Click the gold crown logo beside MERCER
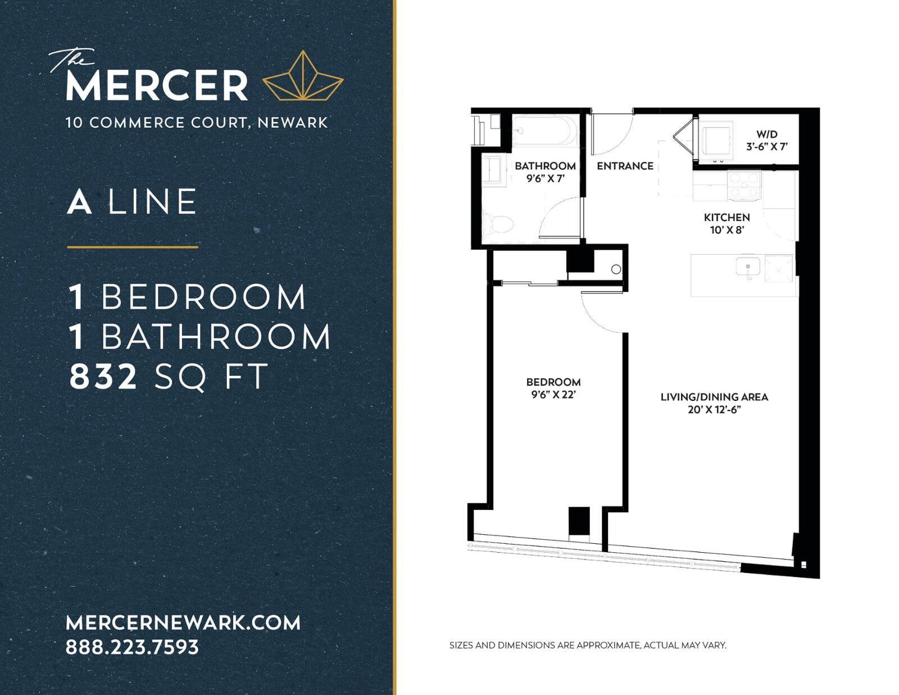click(x=303, y=76)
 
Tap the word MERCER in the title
click(x=157, y=85)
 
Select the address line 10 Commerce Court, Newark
click(x=197, y=123)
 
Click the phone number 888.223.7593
click(x=133, y=647)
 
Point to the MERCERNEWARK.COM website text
click(x=183, y=623)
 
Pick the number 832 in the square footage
click(x=103, y=376)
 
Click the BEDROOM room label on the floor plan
click(x=553, y=382)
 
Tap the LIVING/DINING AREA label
click(x=714, y=396)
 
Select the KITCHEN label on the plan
click(x=727, y=217)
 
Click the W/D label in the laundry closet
click(x=766, y=134)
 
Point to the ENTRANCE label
click(x=625, y=166)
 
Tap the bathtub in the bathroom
click(x=544, y=130)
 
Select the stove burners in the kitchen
click(x=744, y=186)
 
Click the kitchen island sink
click(x=748, y=267)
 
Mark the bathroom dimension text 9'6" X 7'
click(x=545, y=179)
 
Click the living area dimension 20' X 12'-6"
click(x=714, y=410)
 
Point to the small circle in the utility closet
click(x=616, y=269)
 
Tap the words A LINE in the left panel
click(x=132, y=202)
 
